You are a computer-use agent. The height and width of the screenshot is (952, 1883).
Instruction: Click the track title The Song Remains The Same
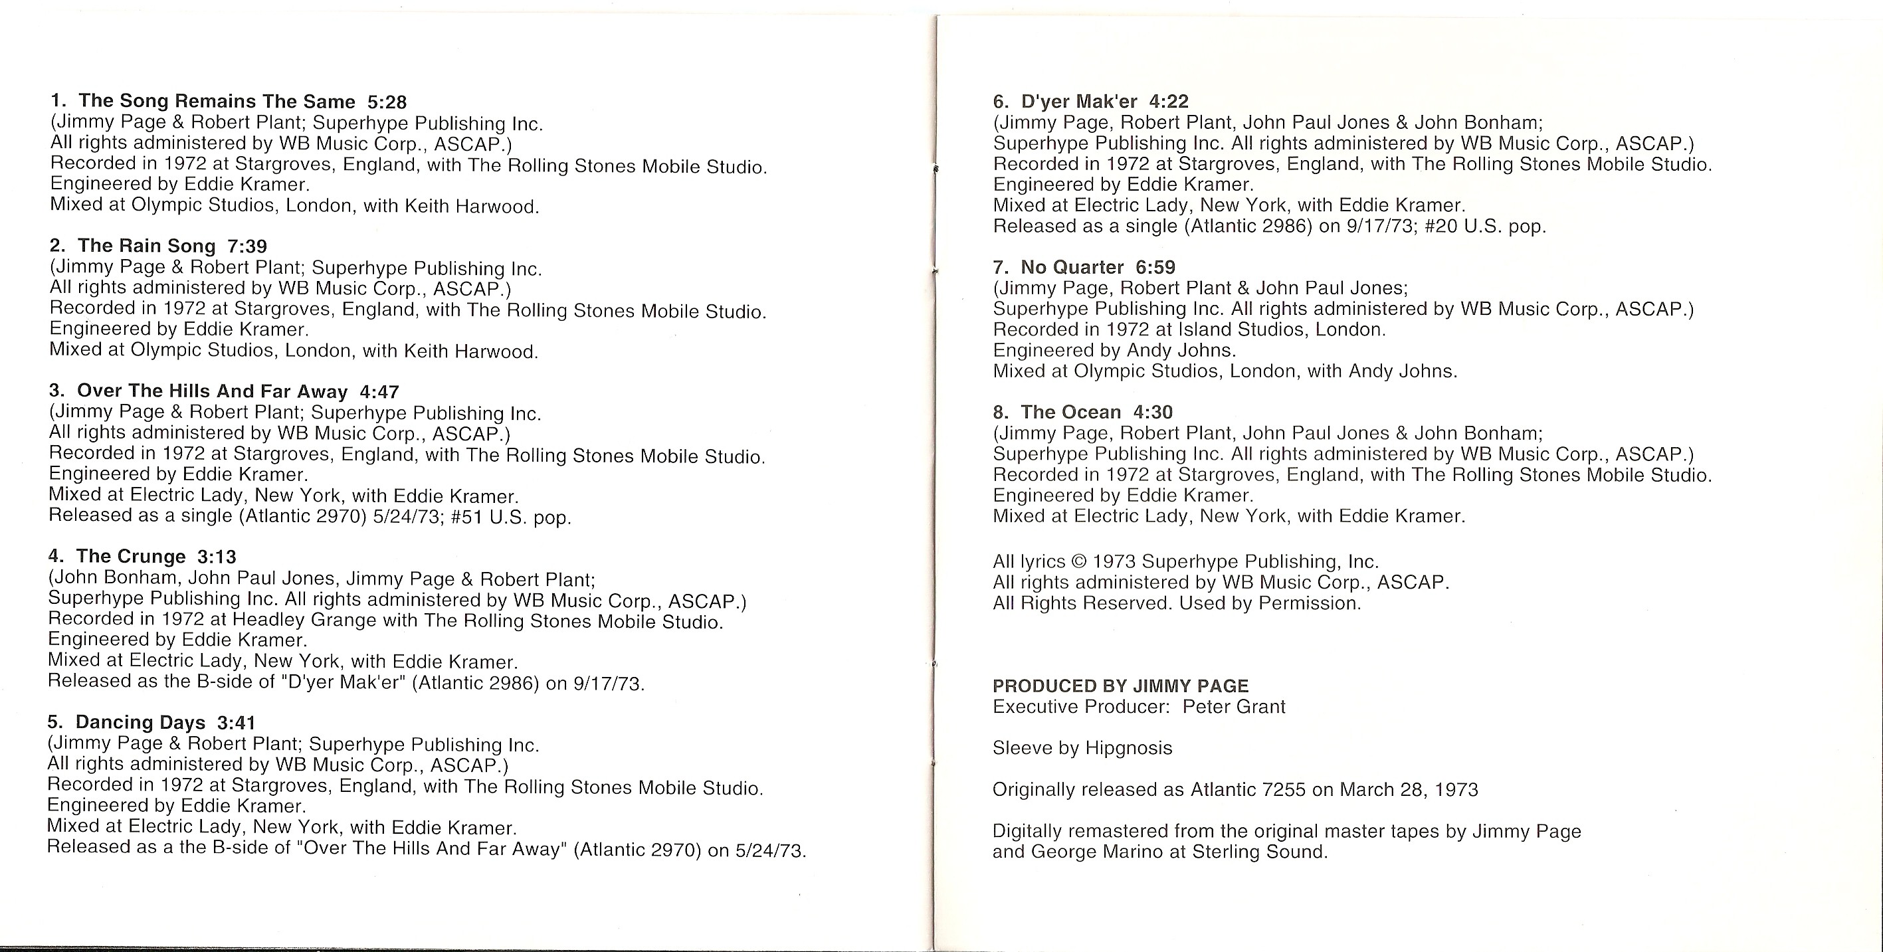click(x=217, y=101)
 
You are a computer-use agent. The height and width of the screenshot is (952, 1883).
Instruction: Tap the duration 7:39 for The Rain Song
click(x=247, y=246)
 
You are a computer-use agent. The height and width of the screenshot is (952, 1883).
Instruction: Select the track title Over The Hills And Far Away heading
click(x=212, y=391)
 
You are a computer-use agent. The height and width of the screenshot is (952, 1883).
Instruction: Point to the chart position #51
click(x=466, y=517)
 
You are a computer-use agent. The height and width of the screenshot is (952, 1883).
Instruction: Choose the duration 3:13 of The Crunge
click(x=217, y=557)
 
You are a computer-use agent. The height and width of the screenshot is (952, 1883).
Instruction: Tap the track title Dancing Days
click(x=140, y=723)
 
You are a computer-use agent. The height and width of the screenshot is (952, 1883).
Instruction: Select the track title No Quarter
click(x=1072, y=268)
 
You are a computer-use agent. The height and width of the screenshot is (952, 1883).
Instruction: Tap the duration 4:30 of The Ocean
click(x=1153, y=412)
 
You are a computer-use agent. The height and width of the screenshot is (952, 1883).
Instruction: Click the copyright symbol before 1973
click(x=1079, y=562)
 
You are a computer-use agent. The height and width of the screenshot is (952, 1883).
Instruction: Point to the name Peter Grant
click(x=1234, y=706)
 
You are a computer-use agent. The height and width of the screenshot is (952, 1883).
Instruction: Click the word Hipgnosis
click(x=1129, y=748)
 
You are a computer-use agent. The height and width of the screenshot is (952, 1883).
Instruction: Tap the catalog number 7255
click(x=1279, y=790)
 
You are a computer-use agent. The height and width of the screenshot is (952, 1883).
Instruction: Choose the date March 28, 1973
click(x=1409, y=790)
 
